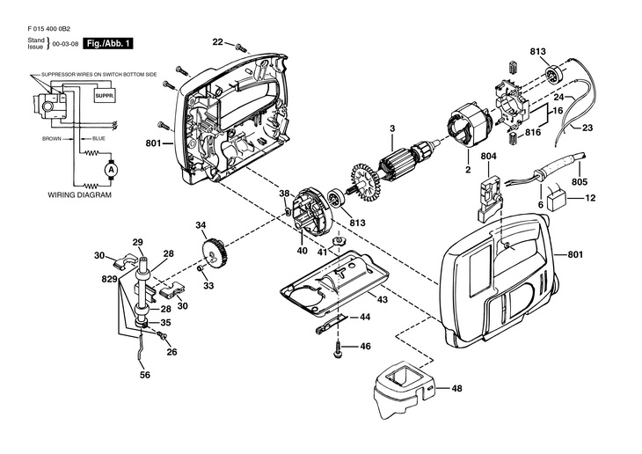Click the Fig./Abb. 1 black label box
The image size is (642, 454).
pos(108,43)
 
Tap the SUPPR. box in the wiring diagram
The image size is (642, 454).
pos(105,96)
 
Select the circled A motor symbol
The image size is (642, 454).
pos(111,169)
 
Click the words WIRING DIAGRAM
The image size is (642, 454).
pos(80,195)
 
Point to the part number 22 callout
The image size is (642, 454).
pos(217,42)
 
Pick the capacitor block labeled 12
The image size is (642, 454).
pos(557,201)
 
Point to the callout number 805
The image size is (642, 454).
pos(580,182)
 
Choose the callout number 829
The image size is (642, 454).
pos(109,280)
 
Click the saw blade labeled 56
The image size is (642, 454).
pos(142,348)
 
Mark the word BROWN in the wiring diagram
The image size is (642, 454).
pos(52,139)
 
